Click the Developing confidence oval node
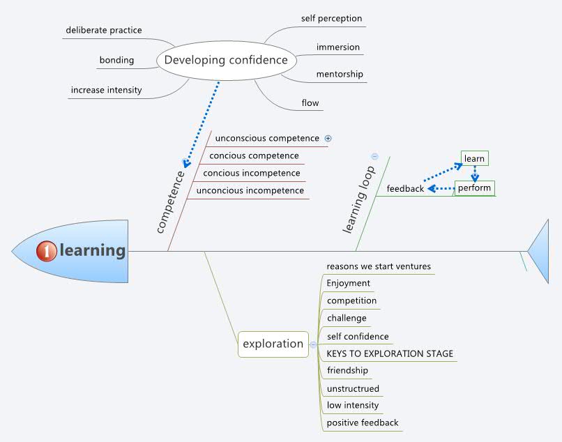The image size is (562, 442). (x=227, y=60)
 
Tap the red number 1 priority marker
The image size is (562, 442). (x=47, y=251)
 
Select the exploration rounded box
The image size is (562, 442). (x=273, y=344)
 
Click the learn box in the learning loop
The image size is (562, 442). (x=475, y=158)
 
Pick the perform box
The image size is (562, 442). (x=475, y=188)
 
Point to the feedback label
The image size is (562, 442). (x=405, y=188)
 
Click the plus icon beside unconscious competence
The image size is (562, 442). (x=328, y=138)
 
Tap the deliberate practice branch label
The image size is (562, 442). (x=104, y=30)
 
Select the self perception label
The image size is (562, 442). (x=331, y=18)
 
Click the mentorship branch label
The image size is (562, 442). (x=340, y=74)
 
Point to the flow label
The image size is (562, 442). (x=310, y=103)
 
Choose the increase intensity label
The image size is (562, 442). (x=107, y=90)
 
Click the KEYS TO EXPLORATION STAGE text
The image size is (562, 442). (x=390, y=354)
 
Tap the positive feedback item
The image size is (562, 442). (x=363, y=423)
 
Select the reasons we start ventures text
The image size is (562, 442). (x=379, y=266)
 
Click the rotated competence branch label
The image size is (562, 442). (x=171, y=202)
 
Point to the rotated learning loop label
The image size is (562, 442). (x=359, y=199)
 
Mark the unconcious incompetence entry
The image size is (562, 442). (x=250, y=190)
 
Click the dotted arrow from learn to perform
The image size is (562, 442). (x=475, y=174)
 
